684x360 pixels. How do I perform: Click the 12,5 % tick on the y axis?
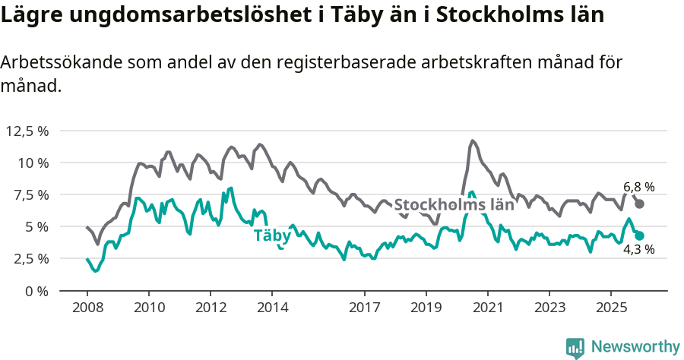point(27,131)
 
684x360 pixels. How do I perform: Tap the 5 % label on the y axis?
point(36,226)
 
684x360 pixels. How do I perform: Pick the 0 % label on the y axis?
point(36,290)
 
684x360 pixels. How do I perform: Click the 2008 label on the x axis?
point(87,308)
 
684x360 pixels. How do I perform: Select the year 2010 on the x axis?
point(149,308)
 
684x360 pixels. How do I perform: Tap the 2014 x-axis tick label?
point(272,308)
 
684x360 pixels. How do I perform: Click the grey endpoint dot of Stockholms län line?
point(640,204)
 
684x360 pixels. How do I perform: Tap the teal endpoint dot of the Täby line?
point(640,236)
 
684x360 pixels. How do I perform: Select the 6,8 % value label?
point(639,187)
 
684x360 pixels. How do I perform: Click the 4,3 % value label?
point(639,249)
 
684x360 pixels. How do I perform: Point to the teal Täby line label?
point(272,235)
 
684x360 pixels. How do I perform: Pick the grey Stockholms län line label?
point(454,204)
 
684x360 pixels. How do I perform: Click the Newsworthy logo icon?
point(575,347)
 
